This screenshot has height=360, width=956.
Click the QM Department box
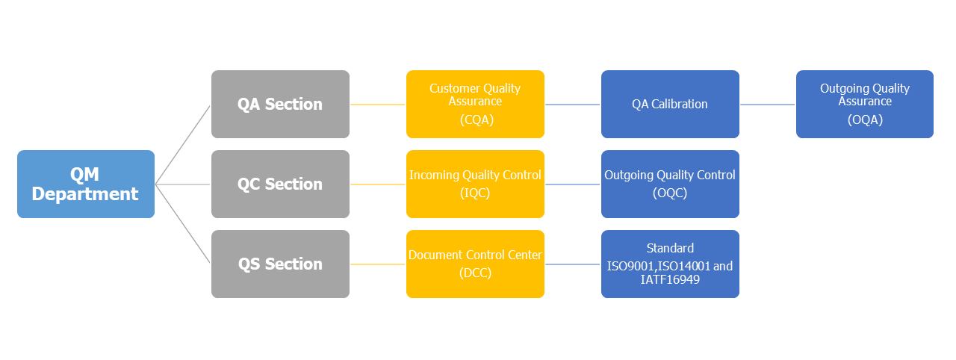86,184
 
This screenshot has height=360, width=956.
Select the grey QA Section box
280,104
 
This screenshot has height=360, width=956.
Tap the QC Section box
280,184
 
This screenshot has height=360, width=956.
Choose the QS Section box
280,264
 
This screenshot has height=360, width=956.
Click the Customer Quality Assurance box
475,104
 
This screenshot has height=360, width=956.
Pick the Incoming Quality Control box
475,184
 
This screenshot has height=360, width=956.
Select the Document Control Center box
475,264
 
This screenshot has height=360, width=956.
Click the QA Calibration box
670,104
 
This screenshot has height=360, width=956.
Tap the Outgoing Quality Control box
670,184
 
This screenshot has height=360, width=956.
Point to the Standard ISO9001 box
670,264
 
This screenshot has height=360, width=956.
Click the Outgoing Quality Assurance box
865,104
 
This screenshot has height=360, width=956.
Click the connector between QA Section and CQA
378,105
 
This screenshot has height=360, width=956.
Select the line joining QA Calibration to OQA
767,105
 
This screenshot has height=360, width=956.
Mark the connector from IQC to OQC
573,184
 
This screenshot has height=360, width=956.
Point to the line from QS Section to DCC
378,264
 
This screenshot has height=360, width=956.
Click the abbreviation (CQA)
477,120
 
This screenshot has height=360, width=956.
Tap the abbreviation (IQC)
475,193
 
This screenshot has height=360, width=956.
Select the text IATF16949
670,280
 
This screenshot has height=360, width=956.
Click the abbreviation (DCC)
476,273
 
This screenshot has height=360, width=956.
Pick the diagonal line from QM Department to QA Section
183,145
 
